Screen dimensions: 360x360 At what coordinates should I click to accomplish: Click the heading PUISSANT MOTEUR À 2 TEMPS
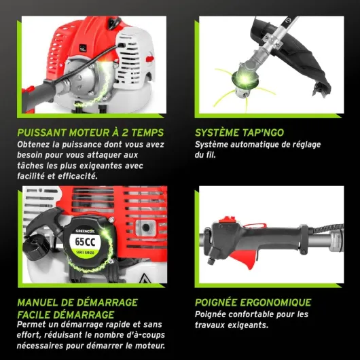pos(90,132)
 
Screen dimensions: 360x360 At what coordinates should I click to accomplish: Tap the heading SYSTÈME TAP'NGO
pos(239,132)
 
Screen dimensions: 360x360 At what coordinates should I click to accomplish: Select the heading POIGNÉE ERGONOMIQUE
pos(253,302)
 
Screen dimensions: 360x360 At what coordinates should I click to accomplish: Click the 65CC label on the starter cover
pos(85,242)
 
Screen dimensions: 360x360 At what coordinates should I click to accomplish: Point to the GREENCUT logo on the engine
pos(85,231)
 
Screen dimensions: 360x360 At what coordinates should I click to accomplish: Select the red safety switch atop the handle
pos(227,220)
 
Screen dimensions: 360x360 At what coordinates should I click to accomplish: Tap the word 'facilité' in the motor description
pos(31,177)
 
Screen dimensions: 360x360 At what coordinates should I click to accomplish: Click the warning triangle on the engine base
pos(145,278)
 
